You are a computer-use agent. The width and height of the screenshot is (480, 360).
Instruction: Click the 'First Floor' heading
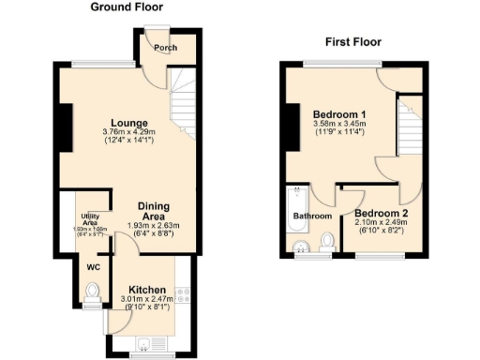352,41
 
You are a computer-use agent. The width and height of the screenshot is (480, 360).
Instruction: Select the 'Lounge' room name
127,121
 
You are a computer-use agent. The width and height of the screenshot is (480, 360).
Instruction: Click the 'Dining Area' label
154,212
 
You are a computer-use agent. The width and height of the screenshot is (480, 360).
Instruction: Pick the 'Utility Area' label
92,220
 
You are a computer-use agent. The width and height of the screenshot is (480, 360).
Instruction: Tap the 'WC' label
93,267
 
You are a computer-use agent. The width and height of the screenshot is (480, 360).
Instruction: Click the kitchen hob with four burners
184,300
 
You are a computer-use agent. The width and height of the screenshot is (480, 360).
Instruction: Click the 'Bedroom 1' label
338,115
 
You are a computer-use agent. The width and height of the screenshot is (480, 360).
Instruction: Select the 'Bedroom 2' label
381,213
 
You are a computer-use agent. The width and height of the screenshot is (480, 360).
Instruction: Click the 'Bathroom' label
312,216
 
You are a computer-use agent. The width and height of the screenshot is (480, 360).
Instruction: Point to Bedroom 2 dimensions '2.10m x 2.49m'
381,223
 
